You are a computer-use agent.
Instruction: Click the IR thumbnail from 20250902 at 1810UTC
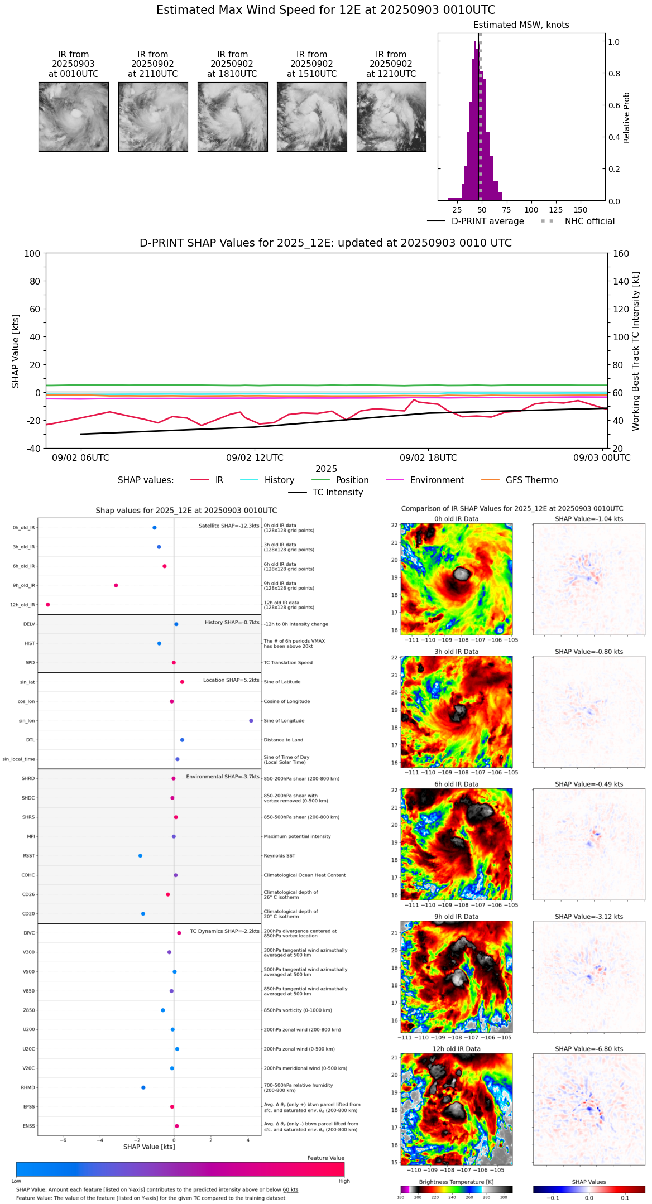(x=232, y=117)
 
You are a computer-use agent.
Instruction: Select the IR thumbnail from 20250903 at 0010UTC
(x=73, y=117)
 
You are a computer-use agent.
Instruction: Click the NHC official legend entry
(x=589, y=221)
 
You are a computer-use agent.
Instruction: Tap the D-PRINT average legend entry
(x=487, y=221)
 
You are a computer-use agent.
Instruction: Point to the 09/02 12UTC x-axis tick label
(x=255, y=458)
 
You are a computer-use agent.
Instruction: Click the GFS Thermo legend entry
(x=531, y=480)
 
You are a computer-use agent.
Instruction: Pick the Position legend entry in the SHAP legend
(x=352, y=480)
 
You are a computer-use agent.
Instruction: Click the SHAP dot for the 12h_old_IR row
(x=48, y=605)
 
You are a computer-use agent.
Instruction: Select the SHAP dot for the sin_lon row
(x=251, y=721)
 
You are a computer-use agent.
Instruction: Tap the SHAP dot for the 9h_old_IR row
(x=116, y=585)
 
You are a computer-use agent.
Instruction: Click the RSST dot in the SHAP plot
(x=140, y=856)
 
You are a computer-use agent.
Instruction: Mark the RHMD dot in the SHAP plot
(x=143, y=1087)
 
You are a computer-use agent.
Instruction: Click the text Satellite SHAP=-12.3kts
(x=229, y=526)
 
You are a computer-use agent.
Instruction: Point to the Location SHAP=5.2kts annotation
(x=231, y=680)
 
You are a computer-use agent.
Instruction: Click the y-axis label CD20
(x=28, y=914)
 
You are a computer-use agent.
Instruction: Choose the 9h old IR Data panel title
(x=456, y=917)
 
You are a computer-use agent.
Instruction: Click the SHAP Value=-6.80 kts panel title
(x=589, y=1049)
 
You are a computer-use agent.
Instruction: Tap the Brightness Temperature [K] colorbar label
(x=456, y=1182)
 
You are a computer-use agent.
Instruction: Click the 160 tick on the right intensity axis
(x=621, y=253)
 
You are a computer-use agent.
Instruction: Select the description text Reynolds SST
(x=279, y=856)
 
